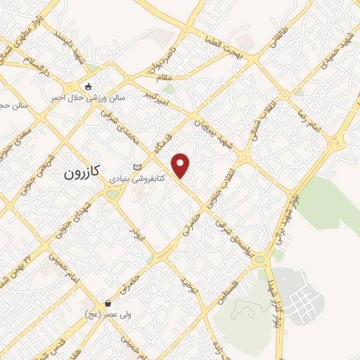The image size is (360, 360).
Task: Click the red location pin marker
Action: click(181, 165)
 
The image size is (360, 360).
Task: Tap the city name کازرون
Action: click(83, 171)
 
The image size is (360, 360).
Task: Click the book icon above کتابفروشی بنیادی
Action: click(136, 167)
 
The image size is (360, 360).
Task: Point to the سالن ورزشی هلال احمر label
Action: click(87, 98)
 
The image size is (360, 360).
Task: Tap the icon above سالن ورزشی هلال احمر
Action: click(88, 87)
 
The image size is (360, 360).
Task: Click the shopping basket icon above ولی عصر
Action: click(108, 304)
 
